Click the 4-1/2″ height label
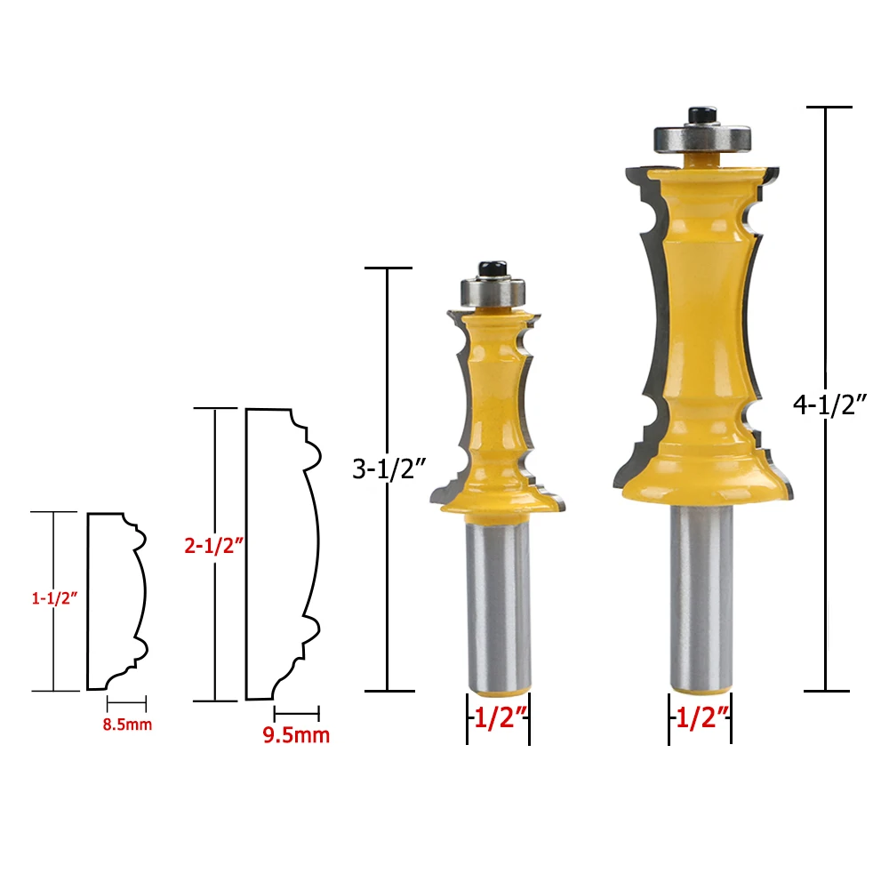829,404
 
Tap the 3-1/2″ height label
388,469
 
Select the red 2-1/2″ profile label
213,545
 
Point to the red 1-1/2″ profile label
54,597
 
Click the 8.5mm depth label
127,724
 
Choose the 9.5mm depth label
296,735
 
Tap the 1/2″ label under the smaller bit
499,717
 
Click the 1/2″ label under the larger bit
701,718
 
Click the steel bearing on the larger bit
702,138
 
